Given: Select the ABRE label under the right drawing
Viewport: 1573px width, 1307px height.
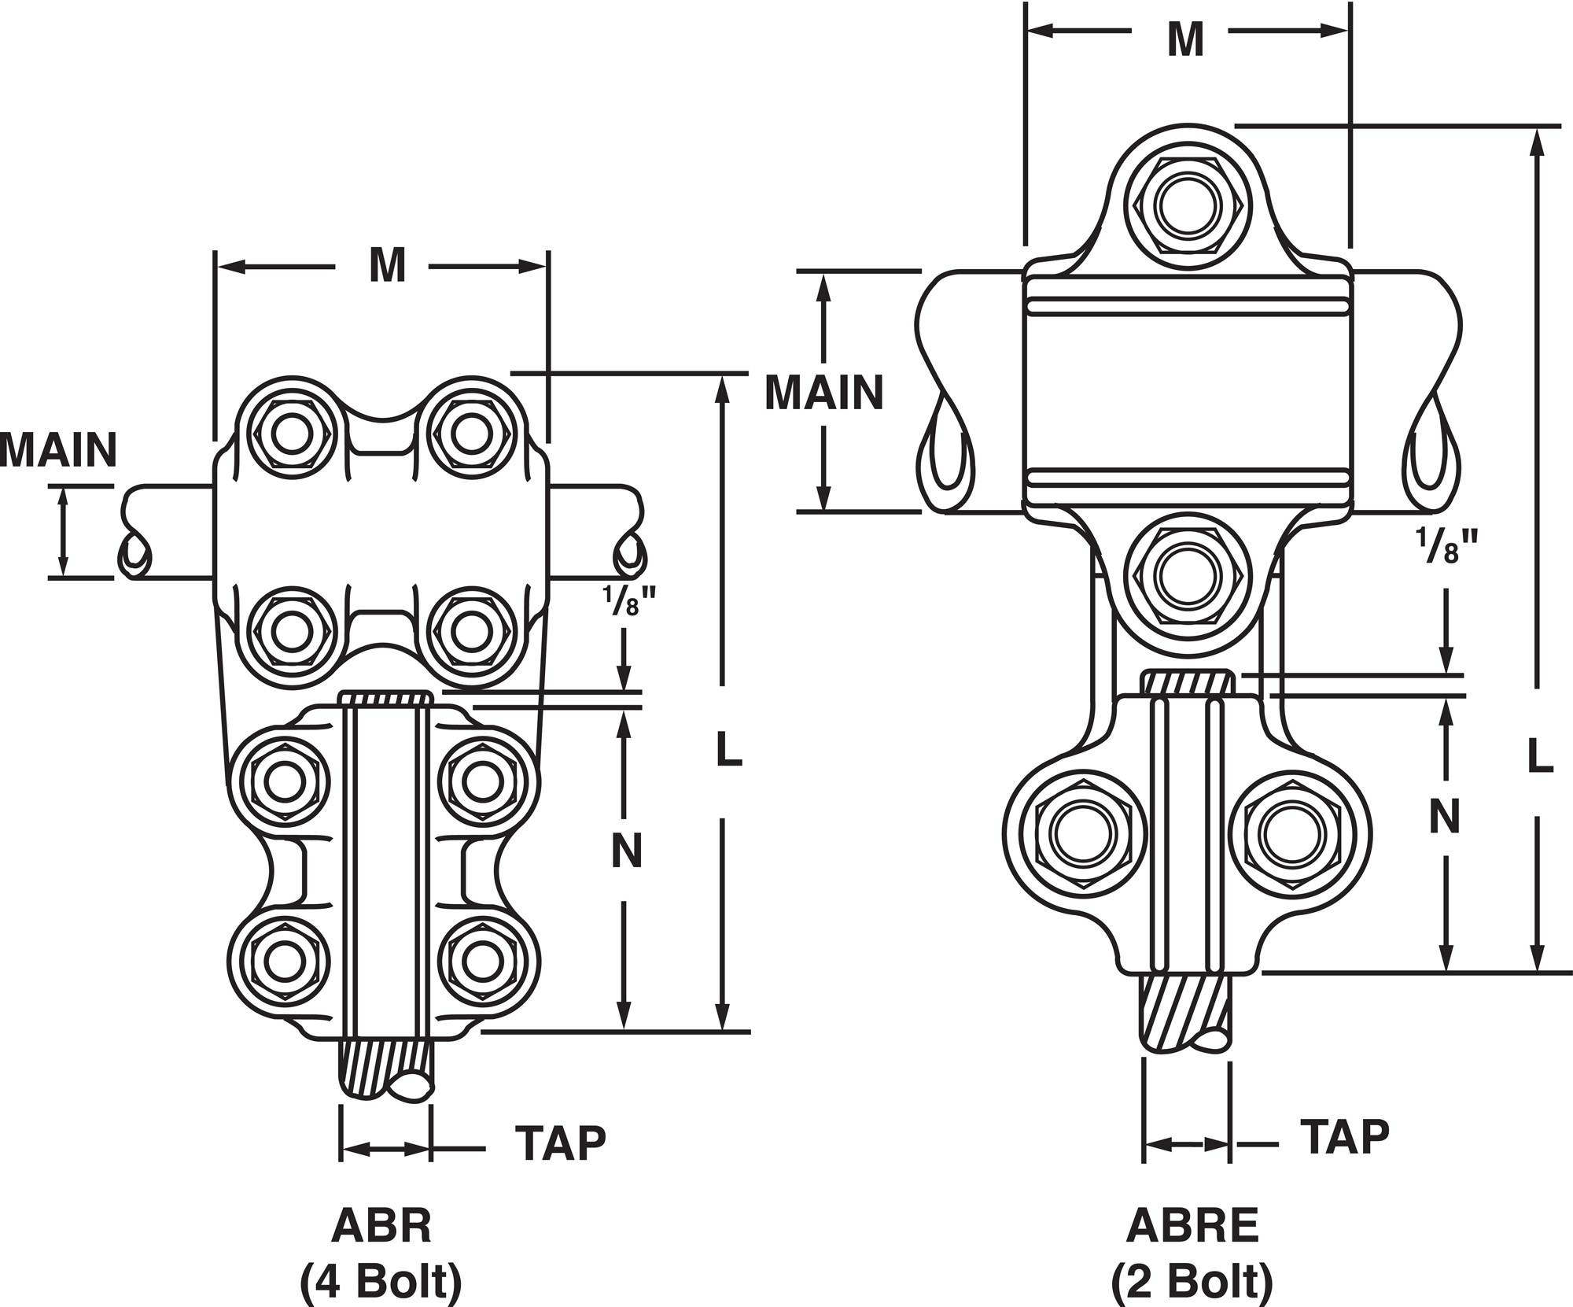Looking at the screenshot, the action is [1192, 1225].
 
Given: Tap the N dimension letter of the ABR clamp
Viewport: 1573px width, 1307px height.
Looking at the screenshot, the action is [627, 850].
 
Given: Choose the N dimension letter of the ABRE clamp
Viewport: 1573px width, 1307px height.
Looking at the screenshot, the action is [1445, 816].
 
